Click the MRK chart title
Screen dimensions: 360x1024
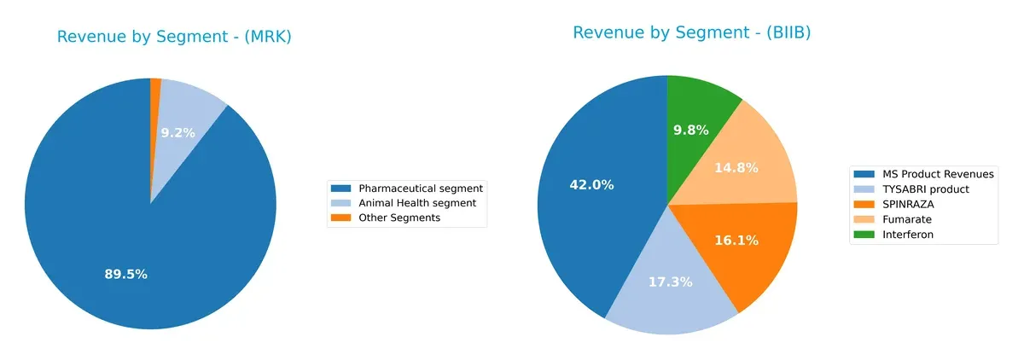174,37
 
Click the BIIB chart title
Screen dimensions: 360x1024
691,32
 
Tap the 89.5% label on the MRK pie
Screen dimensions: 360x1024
126,274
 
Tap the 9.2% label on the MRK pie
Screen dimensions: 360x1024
177,132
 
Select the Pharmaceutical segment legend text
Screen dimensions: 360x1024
421,188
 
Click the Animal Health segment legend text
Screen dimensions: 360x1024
417,203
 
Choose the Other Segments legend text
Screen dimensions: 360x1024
399,218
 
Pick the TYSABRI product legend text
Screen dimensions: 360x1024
927,189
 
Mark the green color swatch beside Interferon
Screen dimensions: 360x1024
865,235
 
